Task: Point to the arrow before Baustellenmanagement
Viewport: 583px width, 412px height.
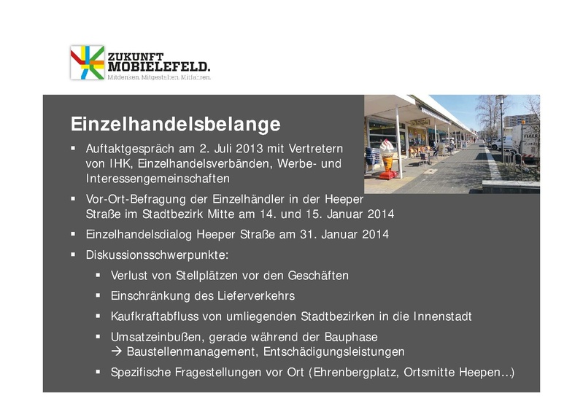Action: [117, 352]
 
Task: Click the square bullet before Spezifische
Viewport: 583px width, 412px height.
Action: [99, 372]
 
